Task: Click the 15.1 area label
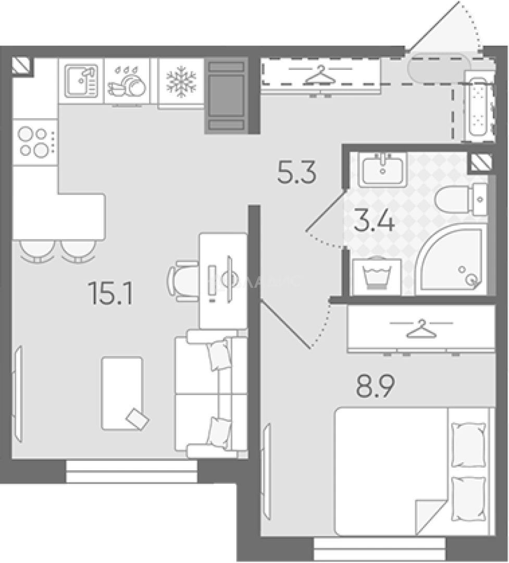[111, 293]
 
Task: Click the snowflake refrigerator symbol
[181, 82]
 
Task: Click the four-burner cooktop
[32, 142]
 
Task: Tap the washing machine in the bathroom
[377, 276]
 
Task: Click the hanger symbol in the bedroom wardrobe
[421, 328]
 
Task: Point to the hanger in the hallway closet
[319, 72]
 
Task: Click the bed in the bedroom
[412, 472]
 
